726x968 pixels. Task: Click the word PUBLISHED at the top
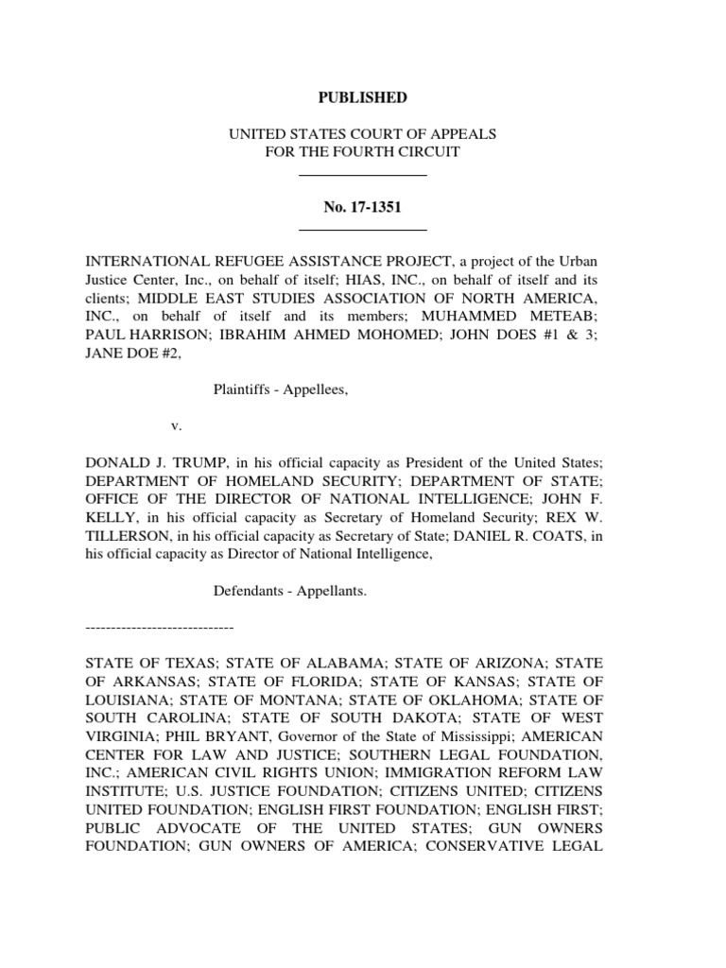(x=362, y=97)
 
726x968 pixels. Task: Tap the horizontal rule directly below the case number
(x=362, y=230)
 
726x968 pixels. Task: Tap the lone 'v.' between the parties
(x=175, y=426)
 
